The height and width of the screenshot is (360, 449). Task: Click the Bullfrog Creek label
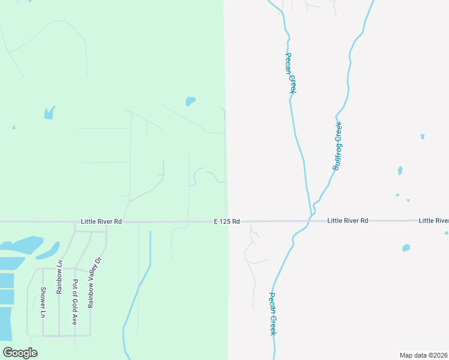[337, 146]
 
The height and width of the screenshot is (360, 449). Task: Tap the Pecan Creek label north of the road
[291, 71]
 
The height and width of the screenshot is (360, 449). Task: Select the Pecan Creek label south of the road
[273, 314]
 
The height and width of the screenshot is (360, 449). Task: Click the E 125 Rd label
[227, 221]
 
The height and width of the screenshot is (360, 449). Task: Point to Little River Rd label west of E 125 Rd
[101, 221]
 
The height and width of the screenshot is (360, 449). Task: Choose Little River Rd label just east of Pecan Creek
[348, 221]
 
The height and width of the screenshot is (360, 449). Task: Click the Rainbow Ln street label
[59, 277]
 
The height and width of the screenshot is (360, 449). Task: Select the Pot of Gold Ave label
[75, 302]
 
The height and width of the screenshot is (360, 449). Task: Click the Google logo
[20, 352]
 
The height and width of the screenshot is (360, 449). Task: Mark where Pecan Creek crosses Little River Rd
[307, 223]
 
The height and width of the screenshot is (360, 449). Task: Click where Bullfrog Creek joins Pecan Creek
[312, 213]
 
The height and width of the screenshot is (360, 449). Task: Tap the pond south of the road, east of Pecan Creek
[406, 247]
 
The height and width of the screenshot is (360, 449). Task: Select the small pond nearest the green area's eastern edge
[190, 101]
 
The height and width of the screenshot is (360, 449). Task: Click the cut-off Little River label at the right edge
[433, 221]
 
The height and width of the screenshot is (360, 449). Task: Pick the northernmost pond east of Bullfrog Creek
[423, 137]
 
